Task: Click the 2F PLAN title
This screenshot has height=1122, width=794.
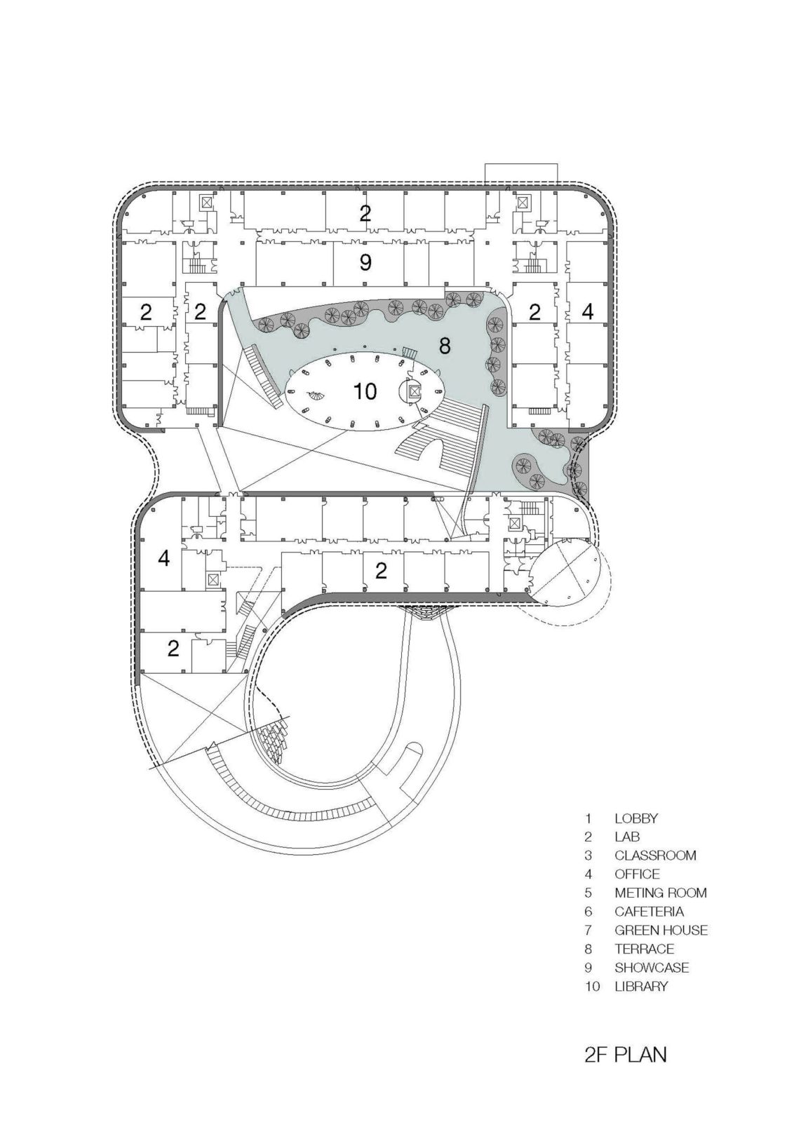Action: coord(625,1074)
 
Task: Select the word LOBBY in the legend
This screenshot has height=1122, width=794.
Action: coord(635,818)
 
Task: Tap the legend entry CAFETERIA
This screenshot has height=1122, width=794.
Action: coord(649,912)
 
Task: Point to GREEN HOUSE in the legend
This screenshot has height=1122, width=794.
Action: coord(661,931)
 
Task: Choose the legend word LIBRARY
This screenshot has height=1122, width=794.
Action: coord(641,987)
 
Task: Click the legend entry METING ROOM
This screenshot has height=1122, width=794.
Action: coord(660,893)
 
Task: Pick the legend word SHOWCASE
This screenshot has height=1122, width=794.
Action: coord(652,968)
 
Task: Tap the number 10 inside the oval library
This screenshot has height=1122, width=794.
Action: coord(365,391)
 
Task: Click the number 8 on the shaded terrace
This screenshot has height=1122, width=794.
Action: coord(444,345)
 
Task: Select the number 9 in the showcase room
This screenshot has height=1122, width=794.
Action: coord(365,262)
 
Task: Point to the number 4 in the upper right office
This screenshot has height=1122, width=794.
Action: coord(587,311)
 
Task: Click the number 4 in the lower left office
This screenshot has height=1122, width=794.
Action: coord(163,559)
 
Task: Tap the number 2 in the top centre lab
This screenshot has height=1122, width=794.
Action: coord(365,214)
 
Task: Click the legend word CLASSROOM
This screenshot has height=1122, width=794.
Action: coord(655,856)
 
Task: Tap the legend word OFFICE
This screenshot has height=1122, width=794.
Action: coord(637,874)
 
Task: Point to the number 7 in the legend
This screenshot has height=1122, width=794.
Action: coord(588,931)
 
